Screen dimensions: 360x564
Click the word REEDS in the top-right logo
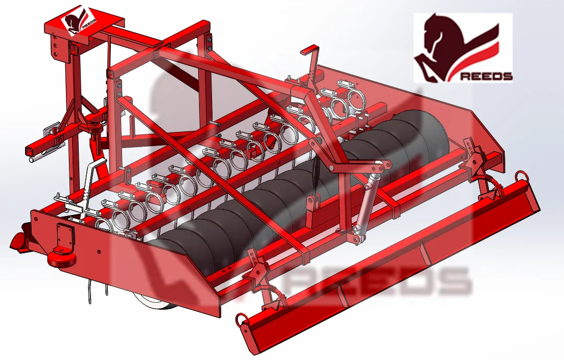tap(487, 76)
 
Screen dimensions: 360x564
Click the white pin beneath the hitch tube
tap(35, 159)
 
